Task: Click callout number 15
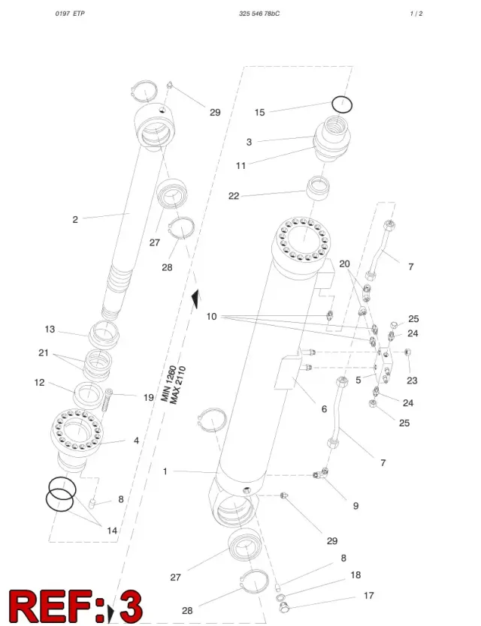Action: (x=259, y=113)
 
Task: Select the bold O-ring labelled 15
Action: (x=342, y=97)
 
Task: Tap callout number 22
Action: (x=234, y=196)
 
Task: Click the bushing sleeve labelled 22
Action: (x=318, y=187)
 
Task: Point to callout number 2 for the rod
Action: (x=75, y=220)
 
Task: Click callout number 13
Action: (x=50, y=330)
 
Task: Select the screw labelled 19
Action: (x=107, y=402)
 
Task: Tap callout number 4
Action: (x=136, y=441)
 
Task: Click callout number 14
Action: (x=112, y=531)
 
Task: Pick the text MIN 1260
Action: (x=168, y=384)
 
